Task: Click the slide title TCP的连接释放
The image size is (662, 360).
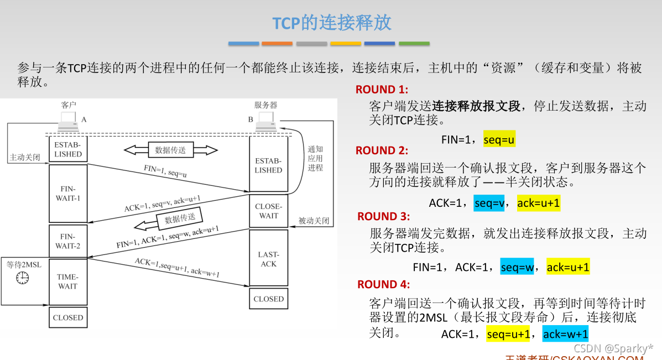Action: (x=332, y=23)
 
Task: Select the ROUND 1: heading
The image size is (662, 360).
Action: (x=382, y=90)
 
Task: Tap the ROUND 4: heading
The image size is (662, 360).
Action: (x=383, y=284)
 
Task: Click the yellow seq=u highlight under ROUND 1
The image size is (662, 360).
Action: (x=499, y=140)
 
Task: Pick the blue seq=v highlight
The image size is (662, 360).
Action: (x=489, y=204)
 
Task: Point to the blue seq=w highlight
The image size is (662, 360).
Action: (x=517, y=268)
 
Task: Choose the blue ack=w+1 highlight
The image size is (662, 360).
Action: (x=565, y=334)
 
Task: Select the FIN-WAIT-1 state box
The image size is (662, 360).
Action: (x=68, y=193)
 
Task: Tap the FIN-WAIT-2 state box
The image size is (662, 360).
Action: (x=68, y=241)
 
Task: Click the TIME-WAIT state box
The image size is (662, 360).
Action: (x=68, y=281)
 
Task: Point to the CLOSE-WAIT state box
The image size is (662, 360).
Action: (x=268, y=211)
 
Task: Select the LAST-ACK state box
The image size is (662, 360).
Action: (x=268, y=259)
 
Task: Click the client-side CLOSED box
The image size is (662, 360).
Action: (x=68, y=317)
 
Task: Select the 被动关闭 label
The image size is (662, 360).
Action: (x=314, y=221)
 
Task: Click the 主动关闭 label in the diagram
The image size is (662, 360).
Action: (x=24, y=157)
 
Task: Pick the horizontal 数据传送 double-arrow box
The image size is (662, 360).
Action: (x=170, y=149)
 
